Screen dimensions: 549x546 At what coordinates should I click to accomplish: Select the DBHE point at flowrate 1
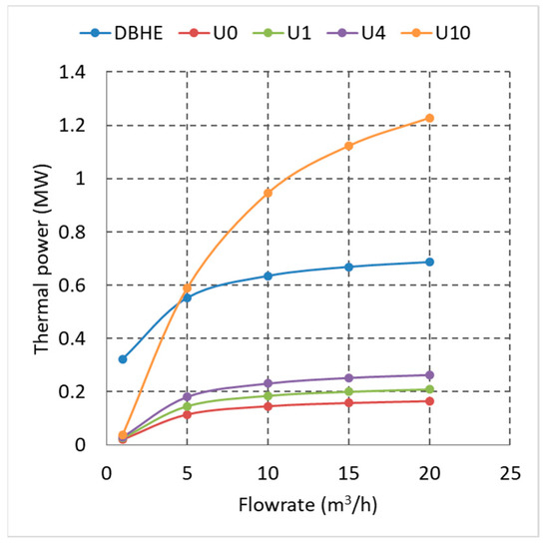(x=122, y=358)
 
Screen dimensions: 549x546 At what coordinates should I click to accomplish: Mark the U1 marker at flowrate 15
(x=348, y=391)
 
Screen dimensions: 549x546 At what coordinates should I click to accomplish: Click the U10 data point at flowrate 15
(x=348, y=146)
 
